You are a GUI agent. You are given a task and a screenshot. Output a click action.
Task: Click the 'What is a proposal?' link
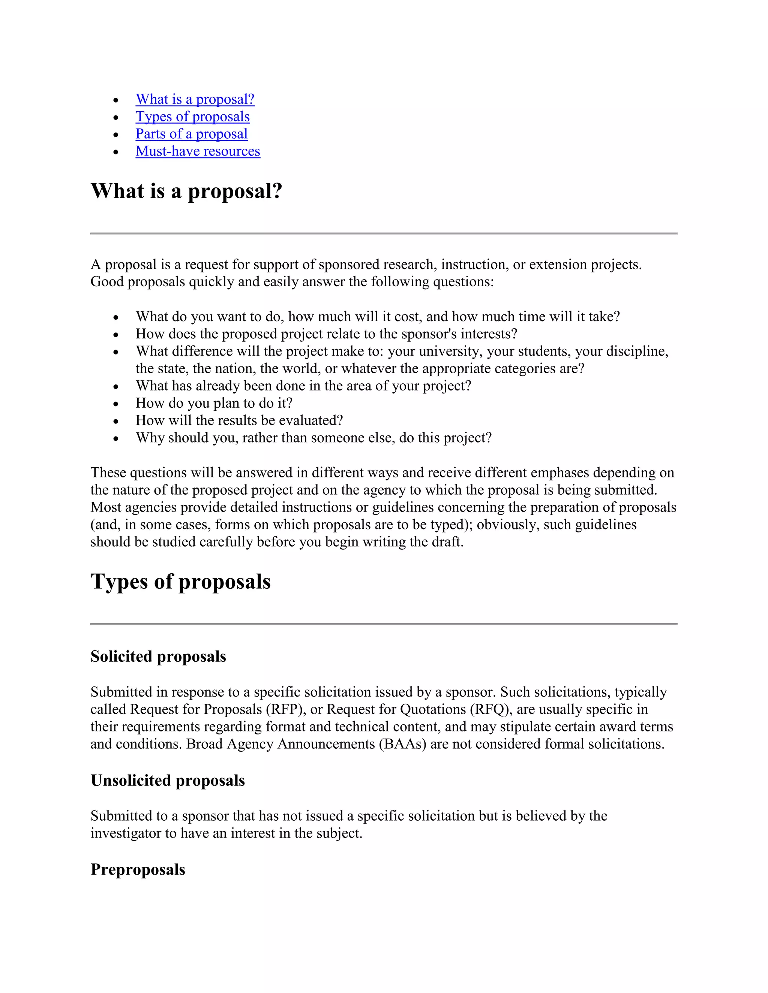[x=195, y=99]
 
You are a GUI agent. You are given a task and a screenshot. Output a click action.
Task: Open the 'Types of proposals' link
[x=192, y=117]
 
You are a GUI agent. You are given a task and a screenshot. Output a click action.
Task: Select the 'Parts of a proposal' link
[x=192, y=134]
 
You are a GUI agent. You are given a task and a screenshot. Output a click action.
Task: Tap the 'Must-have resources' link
[x=198, y=151]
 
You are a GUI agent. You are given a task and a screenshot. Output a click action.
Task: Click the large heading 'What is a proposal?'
[x=186, y=191]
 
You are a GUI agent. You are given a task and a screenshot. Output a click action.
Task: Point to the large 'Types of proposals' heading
[x=181, y=582]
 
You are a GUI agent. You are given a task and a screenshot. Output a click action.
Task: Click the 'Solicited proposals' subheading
[x=158, y=657]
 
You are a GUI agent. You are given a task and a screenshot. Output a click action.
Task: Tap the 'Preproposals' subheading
[x=138, y=869]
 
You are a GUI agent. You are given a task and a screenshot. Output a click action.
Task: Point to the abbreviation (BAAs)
[x=402, y=744]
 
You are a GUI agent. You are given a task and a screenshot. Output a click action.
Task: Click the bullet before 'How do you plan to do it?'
[x=116, y=404]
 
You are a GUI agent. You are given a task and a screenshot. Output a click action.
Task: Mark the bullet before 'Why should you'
[x=116, y=438]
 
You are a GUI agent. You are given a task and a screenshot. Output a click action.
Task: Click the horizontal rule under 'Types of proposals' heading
[x=384, y=624]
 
